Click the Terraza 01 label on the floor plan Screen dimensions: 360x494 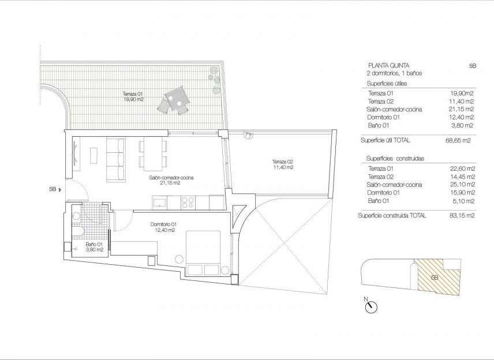pos(133,97)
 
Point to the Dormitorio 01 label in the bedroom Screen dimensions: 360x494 pos(163,227)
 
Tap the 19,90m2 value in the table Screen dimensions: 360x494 pos(462,93)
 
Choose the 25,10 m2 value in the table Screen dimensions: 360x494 pos(462,185)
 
